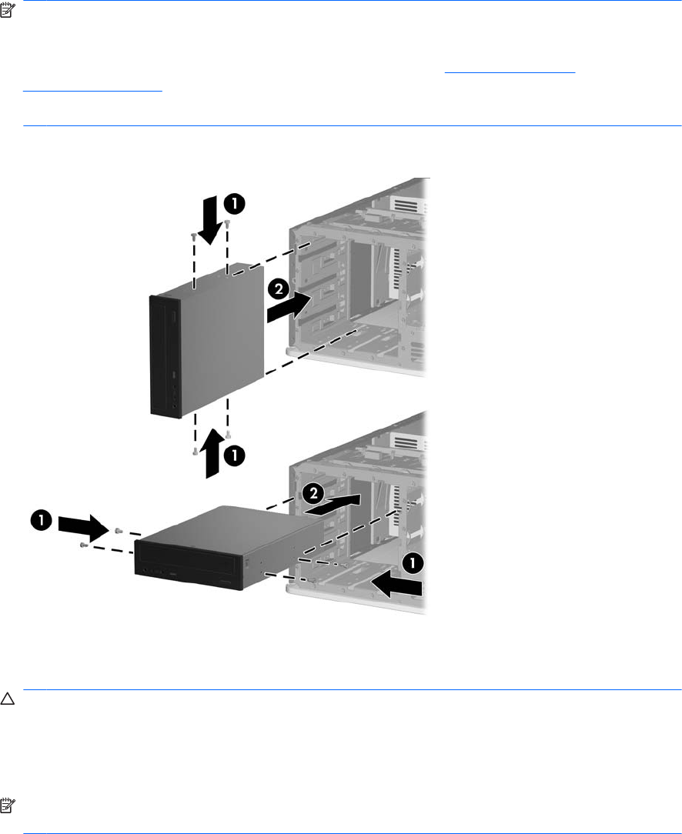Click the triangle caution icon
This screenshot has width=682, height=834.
click(x=7, y=699)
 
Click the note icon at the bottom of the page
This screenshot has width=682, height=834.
click(x=7, y=806)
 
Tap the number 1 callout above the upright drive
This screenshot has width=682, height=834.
click(x=234, y=204)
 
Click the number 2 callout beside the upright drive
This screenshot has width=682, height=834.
click(x=278, y=290)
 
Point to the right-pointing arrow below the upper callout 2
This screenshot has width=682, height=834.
click(x=289, y=307)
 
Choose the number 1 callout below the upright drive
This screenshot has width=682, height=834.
click(x=234, y=455)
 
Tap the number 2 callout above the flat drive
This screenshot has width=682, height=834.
click(x=313, y=493)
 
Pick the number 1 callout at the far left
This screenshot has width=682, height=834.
click(x=41, y=519)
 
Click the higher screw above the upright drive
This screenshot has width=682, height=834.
click(x=227, y=223)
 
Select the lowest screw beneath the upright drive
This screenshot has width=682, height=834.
click(x=196, y=452)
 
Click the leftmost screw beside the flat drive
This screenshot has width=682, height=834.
click(x=82, y=545)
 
